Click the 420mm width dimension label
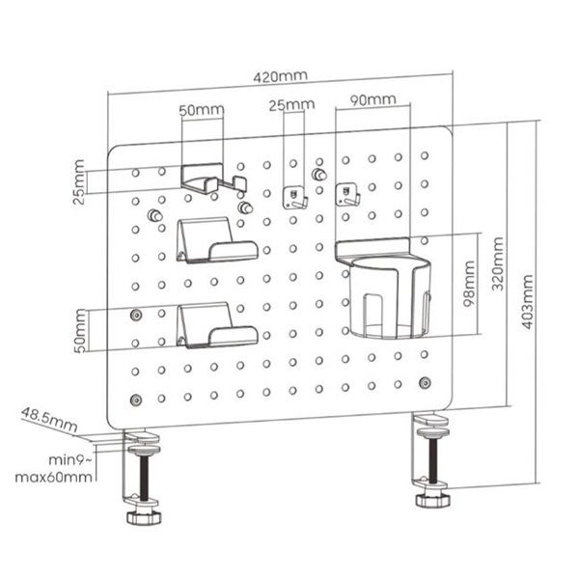[x=280, y=75]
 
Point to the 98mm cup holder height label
[x=468, y=286]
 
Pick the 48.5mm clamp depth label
[x=47, y=420]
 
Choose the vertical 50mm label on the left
[x=77, y=330]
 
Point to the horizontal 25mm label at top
[x=291, y=104]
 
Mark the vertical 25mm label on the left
[x=77, y=182]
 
